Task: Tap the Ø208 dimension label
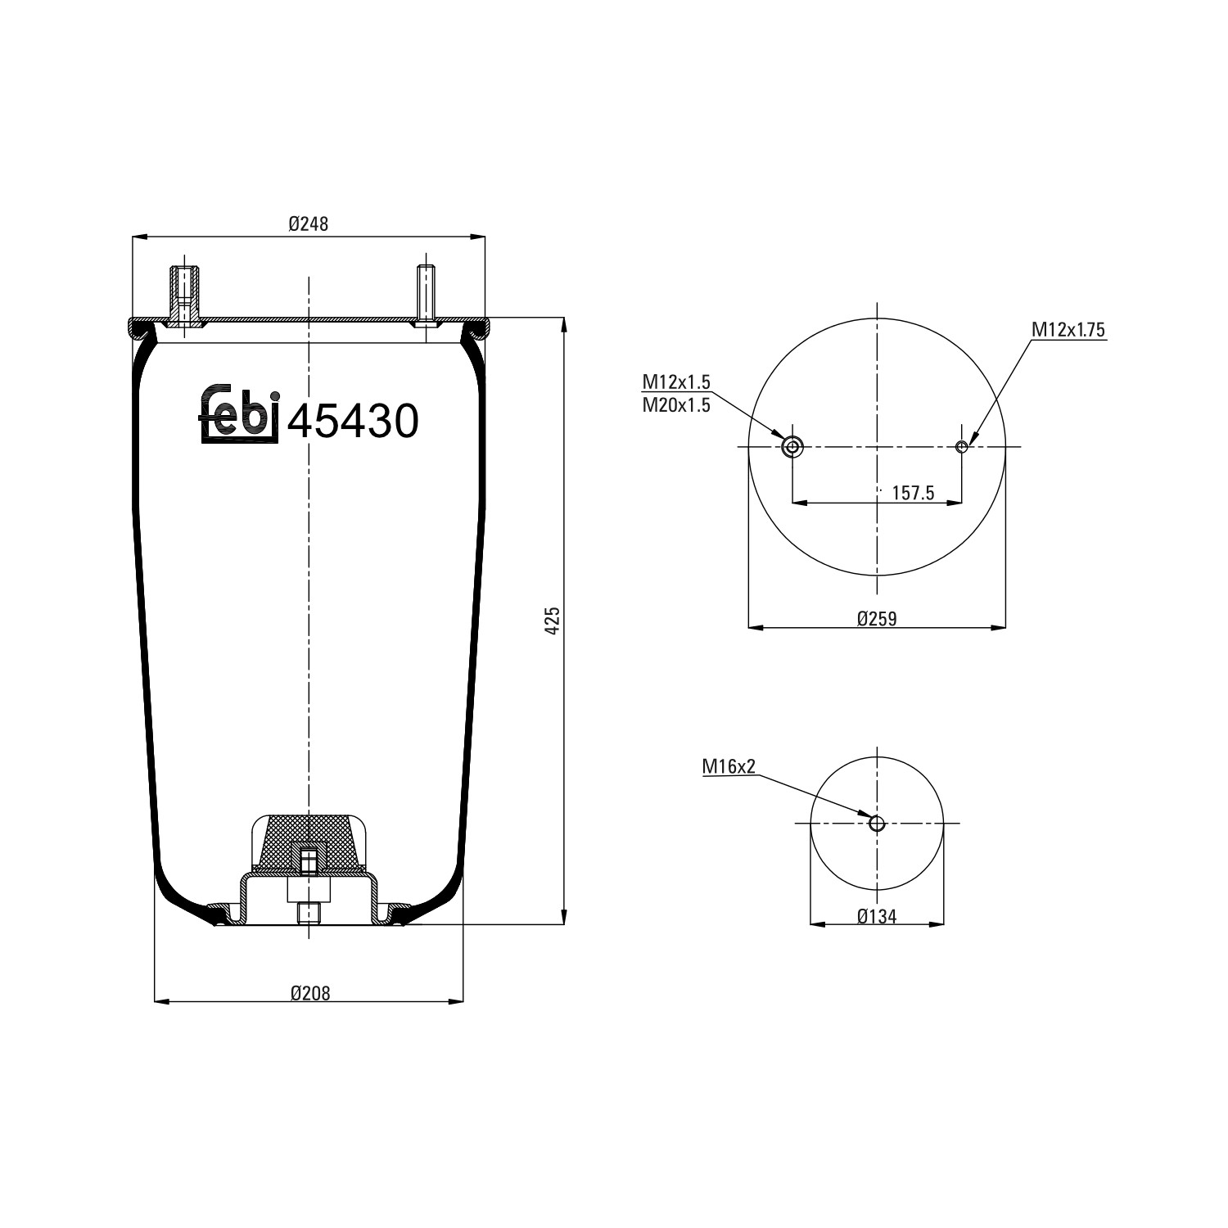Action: [x=310, y=994]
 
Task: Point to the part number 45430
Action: [x=354, y=422]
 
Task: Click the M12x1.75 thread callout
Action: [x=1068, y=330]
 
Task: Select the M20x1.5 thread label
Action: [x=675, y=404]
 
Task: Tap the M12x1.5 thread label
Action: [x=675, y=381]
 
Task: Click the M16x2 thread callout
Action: [x=728, y=767]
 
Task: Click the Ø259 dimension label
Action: [x=877, y=619]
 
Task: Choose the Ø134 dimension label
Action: [x=877, y=917]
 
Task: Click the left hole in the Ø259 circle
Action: [x=792, y=446]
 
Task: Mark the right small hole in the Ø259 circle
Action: [x=962, y=446]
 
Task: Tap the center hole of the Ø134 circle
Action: [x=877, y=823]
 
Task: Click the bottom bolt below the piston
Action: [x=308, y=914]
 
